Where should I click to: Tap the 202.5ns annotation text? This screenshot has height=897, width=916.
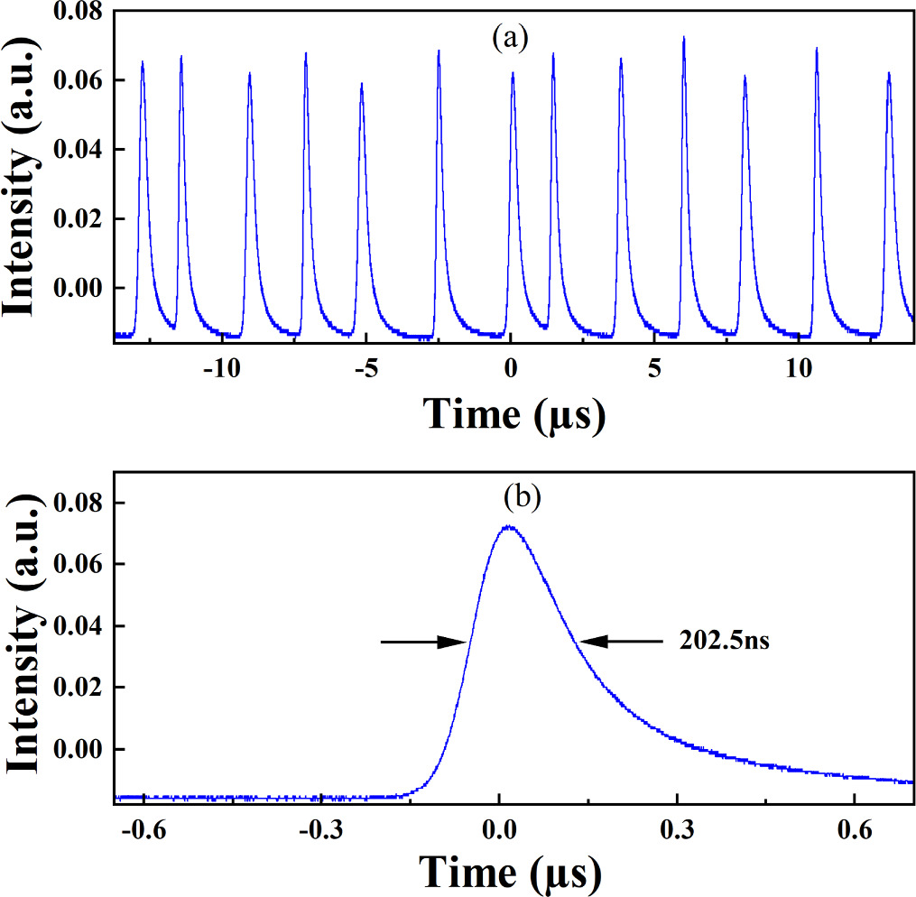(723, 643)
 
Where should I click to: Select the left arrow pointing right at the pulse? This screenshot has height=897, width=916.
(422, 643)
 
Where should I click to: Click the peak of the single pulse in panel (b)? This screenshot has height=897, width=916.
(508, 526)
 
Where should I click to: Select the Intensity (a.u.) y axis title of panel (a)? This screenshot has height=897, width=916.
(24, 178)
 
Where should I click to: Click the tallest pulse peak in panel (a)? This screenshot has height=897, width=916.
(684, 38)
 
